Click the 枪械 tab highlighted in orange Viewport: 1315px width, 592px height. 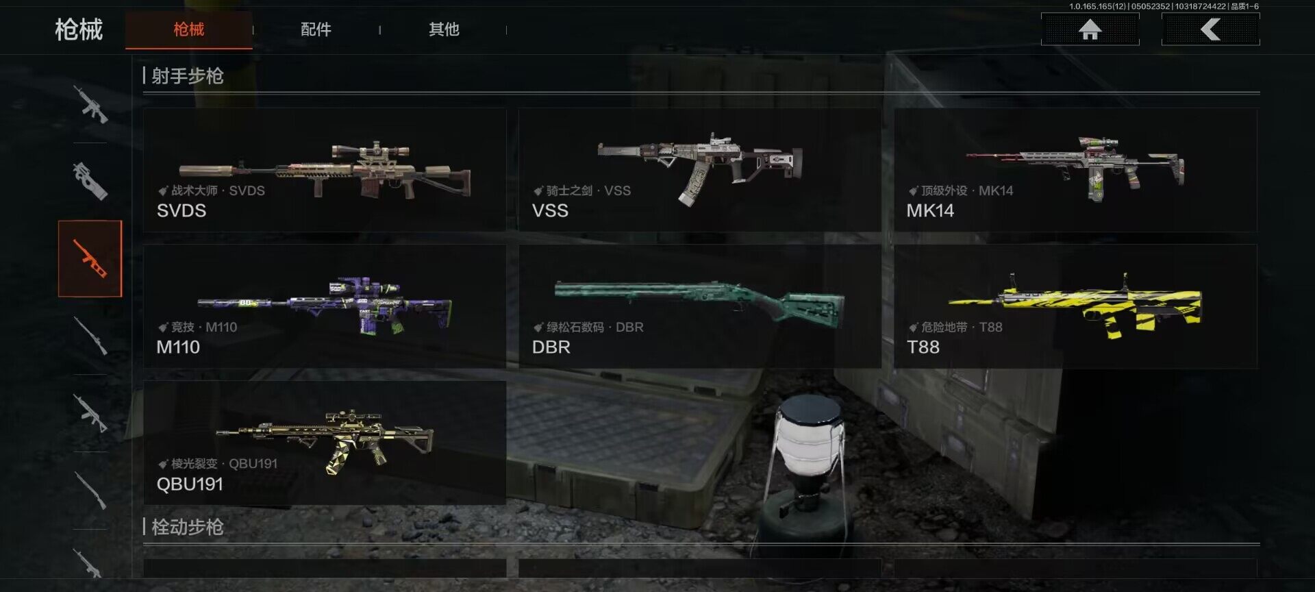click(x=188, y=29)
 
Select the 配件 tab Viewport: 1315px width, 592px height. click(x=316, y=29)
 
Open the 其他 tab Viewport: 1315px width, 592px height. click(x=444, y=29)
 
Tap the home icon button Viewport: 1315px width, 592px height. click(x=1090, y=29)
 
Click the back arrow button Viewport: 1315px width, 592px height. click(x=1210, y=29)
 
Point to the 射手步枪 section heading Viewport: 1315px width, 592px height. click(x=187, y=75)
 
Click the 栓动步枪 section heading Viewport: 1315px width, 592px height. click(x=187, y=527)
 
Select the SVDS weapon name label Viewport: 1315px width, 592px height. click(x=181, y=210)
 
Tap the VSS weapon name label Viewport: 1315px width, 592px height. click(x=550, y=210)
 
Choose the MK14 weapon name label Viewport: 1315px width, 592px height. click(x=930, y=210)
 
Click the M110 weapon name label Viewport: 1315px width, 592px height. click(x=178, y=347)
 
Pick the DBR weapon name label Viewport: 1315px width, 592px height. click(x=551, y=347)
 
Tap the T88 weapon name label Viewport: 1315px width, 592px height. click(x=923, y=347)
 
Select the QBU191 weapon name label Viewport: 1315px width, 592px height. click(x=190, y=484)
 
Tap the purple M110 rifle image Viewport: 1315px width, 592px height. click(x=325, y=305)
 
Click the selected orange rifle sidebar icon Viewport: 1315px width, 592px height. click(x=90, y=258)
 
